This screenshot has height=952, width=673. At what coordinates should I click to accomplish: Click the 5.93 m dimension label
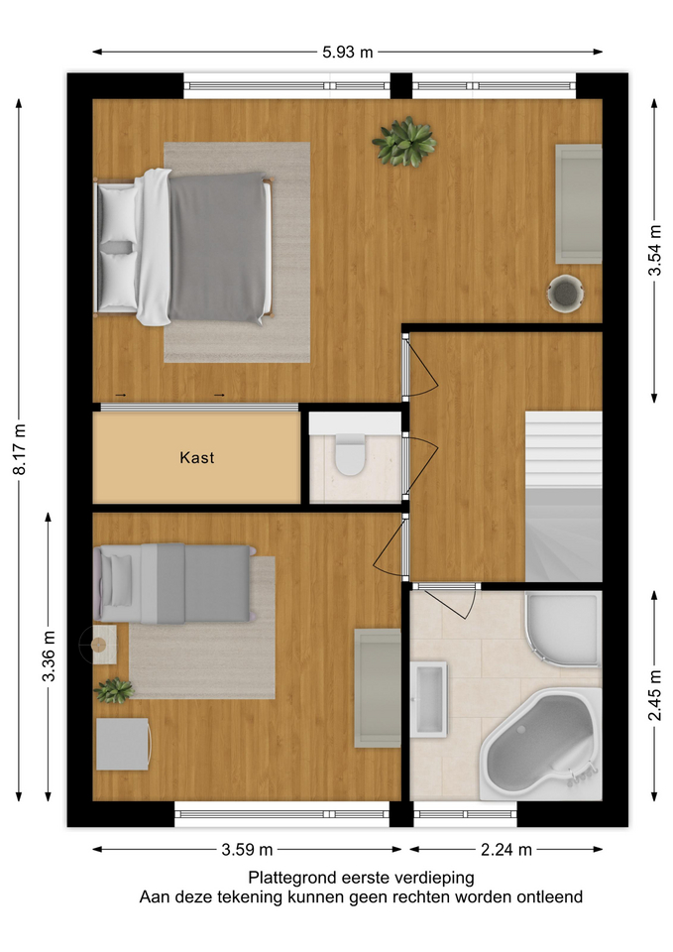click(x=347, y=53)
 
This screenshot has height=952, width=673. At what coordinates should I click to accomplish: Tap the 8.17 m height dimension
click(x=21, y=448)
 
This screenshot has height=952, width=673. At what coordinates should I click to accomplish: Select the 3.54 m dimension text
click(x=655, y=250)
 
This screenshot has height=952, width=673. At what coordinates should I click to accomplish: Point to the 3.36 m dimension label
click(x=50, y=655)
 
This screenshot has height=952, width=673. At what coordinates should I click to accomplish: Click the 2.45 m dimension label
click(x=655, y=695)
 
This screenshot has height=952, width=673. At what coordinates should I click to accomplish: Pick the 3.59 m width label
click(x=247, y=850)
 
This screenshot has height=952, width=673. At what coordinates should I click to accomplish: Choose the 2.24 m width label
click(x=506, y=850)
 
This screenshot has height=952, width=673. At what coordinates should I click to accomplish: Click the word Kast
click(x=197, y=457)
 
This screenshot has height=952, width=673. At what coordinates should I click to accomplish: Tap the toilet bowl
click(x=350, y=455)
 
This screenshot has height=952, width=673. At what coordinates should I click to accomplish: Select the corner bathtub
click(x=539, y=745)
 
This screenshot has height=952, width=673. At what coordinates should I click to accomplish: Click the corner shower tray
click(x=562, y=628)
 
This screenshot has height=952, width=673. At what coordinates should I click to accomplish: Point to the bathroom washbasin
click(x=428, y=699)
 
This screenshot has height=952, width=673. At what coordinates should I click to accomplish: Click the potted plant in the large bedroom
click(x=404, y=142)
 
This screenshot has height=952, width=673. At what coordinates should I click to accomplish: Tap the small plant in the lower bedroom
click(x=114, y=690)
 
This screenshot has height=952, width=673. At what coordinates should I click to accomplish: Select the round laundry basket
click(x=566, y=294)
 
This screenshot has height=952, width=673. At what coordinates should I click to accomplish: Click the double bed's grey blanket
click(x=217, y=247)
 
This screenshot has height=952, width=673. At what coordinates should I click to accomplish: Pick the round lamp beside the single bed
click(x=97, y=645)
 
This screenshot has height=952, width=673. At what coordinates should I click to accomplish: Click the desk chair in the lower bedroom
click(x=124, y=745)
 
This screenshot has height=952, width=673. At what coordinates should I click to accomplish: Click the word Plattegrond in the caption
click(x=292, y=878)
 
